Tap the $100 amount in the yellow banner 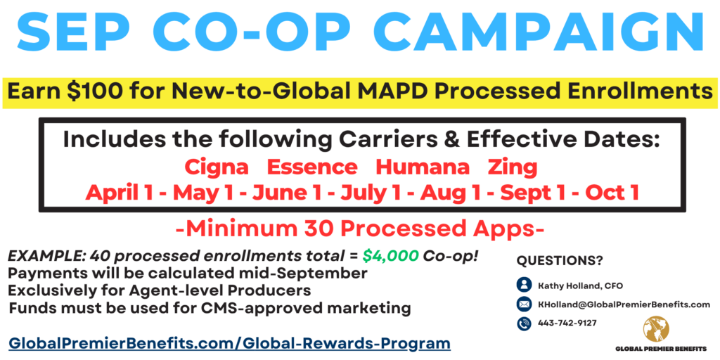(97, 91)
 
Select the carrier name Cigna (217, 167)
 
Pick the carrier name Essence (312, 167)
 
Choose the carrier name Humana (423, 167)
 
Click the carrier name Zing (513, 167)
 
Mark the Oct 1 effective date (612, 193)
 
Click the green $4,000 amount (390, 256)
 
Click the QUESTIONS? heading (559, 261)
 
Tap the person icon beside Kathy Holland (524, 285)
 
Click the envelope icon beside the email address (524, 304)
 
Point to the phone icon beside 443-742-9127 (524, 323)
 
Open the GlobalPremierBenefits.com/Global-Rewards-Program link (230, 343)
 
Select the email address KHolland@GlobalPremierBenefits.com (624, 304)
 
